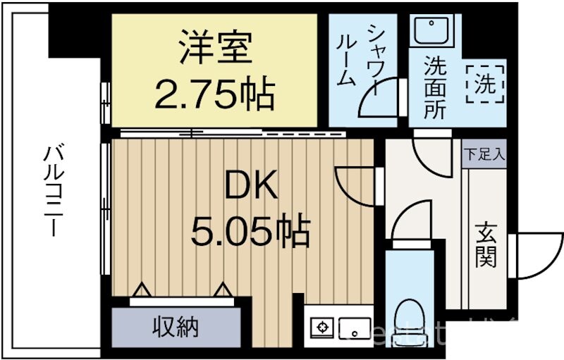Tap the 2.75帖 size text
click(x=214, y=96)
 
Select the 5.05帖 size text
click(x=251, y=230)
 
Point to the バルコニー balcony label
click(x=53, y=190)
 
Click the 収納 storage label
click(x=176, y=327)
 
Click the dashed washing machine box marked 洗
click(x=484, y=85)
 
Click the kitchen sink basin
click(x=354, y=327)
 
